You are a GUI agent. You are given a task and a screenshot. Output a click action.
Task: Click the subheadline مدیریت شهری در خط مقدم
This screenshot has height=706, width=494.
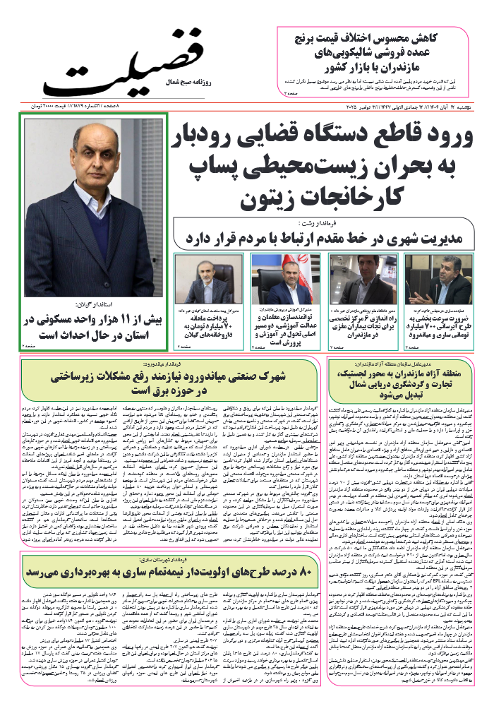pyautogui.click(x=332, y=238)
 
